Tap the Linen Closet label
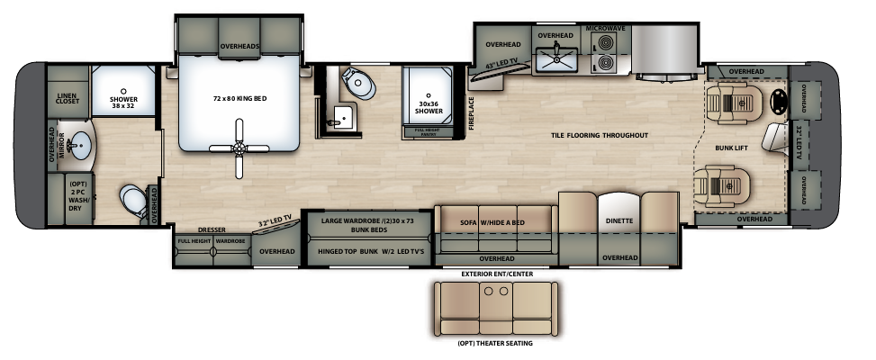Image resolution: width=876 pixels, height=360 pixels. point(68,99)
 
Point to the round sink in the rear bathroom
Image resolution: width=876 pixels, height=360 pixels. point(80,145)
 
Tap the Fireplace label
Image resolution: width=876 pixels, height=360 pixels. point(471,113)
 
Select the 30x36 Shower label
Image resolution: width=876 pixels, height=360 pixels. point(429,107)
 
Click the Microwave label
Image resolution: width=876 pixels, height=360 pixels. point(606,29)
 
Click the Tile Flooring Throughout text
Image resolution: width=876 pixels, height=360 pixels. point(600,135)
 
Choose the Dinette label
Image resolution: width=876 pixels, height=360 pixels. point(619,220)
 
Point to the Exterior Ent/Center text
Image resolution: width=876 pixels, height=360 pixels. point(492,273)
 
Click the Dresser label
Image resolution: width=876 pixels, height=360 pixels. point(212,229)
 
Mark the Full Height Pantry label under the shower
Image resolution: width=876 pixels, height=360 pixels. point(429,132)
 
